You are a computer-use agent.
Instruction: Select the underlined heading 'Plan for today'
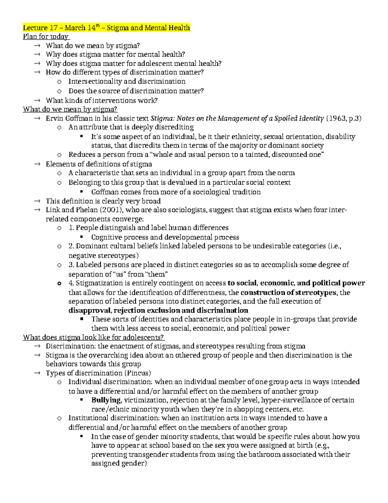click(x=46, y=37)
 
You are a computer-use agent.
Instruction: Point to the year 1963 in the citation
click(x=337, y=118)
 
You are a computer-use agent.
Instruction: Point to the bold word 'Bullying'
click(x=106, y=400)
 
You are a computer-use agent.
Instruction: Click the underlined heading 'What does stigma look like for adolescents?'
click(x=93, y=337)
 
